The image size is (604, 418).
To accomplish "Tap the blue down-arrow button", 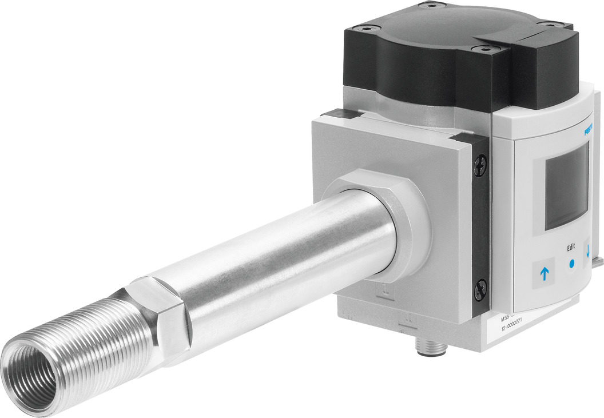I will [587, 252].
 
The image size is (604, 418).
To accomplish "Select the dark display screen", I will [566, 186].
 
